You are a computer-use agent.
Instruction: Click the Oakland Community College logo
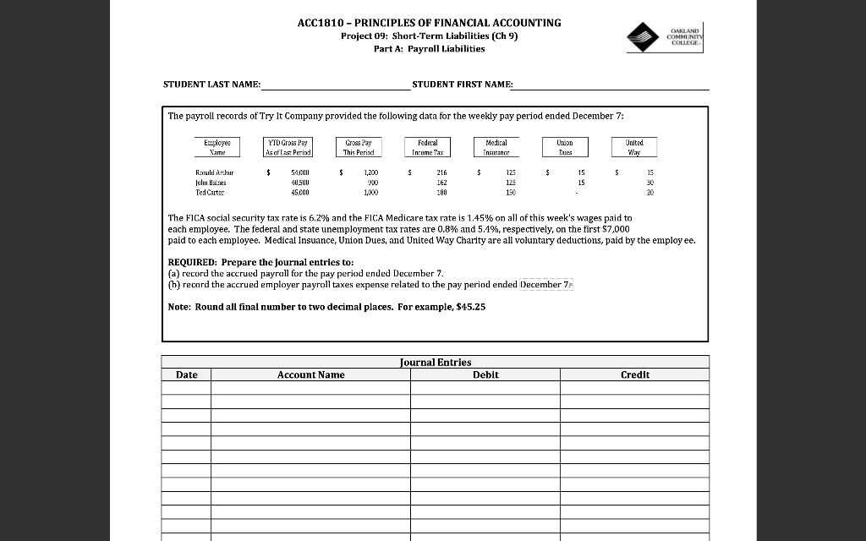tap(666, 36)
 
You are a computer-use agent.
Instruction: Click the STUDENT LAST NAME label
tap(211, 85)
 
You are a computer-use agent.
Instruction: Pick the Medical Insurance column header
tap(495, 148)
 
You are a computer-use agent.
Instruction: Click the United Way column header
tap(634, 148)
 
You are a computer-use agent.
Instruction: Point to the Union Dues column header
tap(565, 148)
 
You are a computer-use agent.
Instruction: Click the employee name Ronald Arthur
tap(214, 172)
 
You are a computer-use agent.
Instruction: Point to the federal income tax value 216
tap(441, 172)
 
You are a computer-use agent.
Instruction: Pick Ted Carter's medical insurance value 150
tap(510, 192)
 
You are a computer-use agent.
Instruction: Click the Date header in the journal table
tap(187, 374)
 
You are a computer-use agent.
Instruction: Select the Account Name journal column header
tap(310, 374)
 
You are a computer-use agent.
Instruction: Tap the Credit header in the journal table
tap(634, 374)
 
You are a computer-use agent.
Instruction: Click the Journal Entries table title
tap(435, 363)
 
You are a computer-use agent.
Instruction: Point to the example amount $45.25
tap(470, 307)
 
